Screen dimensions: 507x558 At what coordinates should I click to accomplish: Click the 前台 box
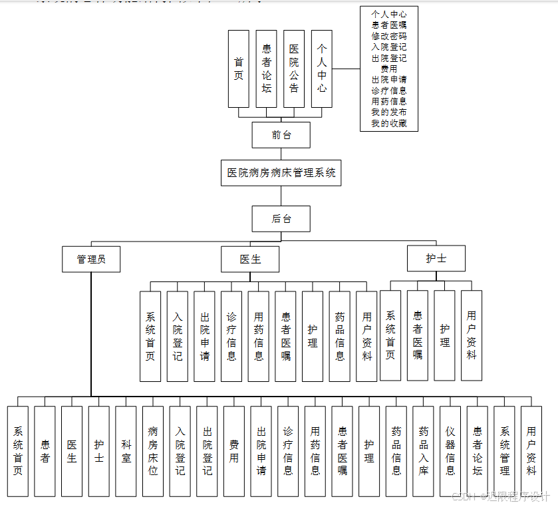(281, 135)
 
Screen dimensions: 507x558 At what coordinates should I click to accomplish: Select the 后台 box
(281, 218)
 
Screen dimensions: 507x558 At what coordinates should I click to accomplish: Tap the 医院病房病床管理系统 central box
(281, 173)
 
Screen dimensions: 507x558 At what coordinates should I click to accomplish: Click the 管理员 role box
(91, 259)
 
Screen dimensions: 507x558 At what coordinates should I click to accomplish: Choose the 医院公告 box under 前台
(294, 69)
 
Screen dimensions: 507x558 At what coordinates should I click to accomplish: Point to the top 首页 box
(238, 69)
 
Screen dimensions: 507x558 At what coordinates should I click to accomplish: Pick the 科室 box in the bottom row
(126, 451)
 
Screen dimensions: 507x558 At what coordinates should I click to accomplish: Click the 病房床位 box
(153, 451)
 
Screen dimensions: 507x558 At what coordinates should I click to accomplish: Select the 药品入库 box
(423, 451)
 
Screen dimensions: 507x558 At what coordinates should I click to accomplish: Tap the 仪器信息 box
(450, 451)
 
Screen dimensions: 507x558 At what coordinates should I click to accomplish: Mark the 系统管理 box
(505, 451)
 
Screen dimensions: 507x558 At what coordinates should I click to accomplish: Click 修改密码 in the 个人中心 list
(389, 36)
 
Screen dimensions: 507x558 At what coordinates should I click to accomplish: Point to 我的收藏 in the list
(389, 123)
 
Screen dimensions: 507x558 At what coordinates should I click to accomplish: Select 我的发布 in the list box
(389, 112)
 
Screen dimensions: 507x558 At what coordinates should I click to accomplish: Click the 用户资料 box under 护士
(472, 335)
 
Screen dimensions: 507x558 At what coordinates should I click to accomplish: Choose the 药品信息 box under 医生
(339, 336)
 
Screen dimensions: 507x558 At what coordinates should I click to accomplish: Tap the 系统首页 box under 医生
(150, 336)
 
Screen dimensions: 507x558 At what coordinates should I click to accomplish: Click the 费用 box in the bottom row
(234, 451)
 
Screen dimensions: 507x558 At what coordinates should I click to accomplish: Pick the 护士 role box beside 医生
(436, 259)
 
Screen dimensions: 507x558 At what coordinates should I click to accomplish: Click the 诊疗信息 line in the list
(389, 90)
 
